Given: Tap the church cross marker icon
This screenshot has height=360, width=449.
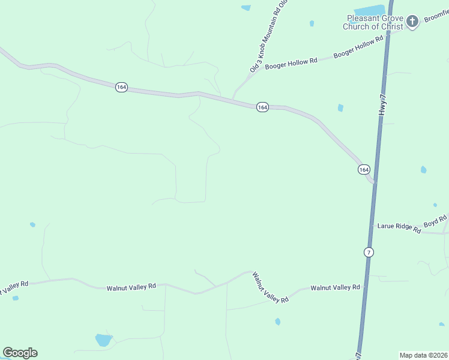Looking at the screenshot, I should (412, 22).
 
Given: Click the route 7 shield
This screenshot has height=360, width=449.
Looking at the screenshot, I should (369, 252).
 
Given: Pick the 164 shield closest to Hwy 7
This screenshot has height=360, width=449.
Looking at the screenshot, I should (364, 170).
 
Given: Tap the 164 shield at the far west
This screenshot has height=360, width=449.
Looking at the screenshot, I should (122, 87).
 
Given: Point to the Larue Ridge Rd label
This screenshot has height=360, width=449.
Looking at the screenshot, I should (399, 227).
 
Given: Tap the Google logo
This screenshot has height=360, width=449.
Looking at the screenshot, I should (20, 353).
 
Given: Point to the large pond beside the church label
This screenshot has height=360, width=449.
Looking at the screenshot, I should (369, 11).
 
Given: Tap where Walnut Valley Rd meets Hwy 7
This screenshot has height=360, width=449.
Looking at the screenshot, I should (364, 287).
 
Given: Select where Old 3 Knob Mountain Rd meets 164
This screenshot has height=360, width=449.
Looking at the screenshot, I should (233, 100).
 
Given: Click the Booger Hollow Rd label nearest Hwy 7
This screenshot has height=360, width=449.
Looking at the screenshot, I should (358, 47).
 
